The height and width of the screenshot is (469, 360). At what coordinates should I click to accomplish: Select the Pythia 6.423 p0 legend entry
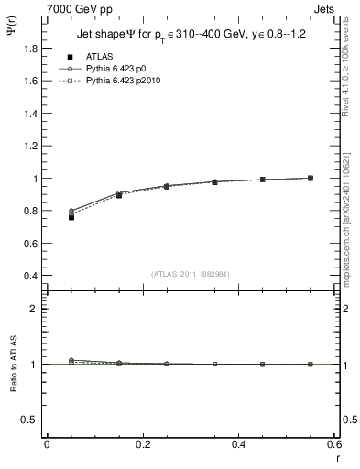click(x=124, y=69)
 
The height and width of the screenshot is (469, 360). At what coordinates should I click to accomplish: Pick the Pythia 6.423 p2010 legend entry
click(x=129, y=81)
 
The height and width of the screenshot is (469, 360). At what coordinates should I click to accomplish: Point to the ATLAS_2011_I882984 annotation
click(x=191, y=273)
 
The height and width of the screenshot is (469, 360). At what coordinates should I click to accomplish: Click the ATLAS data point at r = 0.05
click(x=71, y=217)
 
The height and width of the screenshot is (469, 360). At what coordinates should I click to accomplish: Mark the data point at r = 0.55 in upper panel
click(x=311, y=178)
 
